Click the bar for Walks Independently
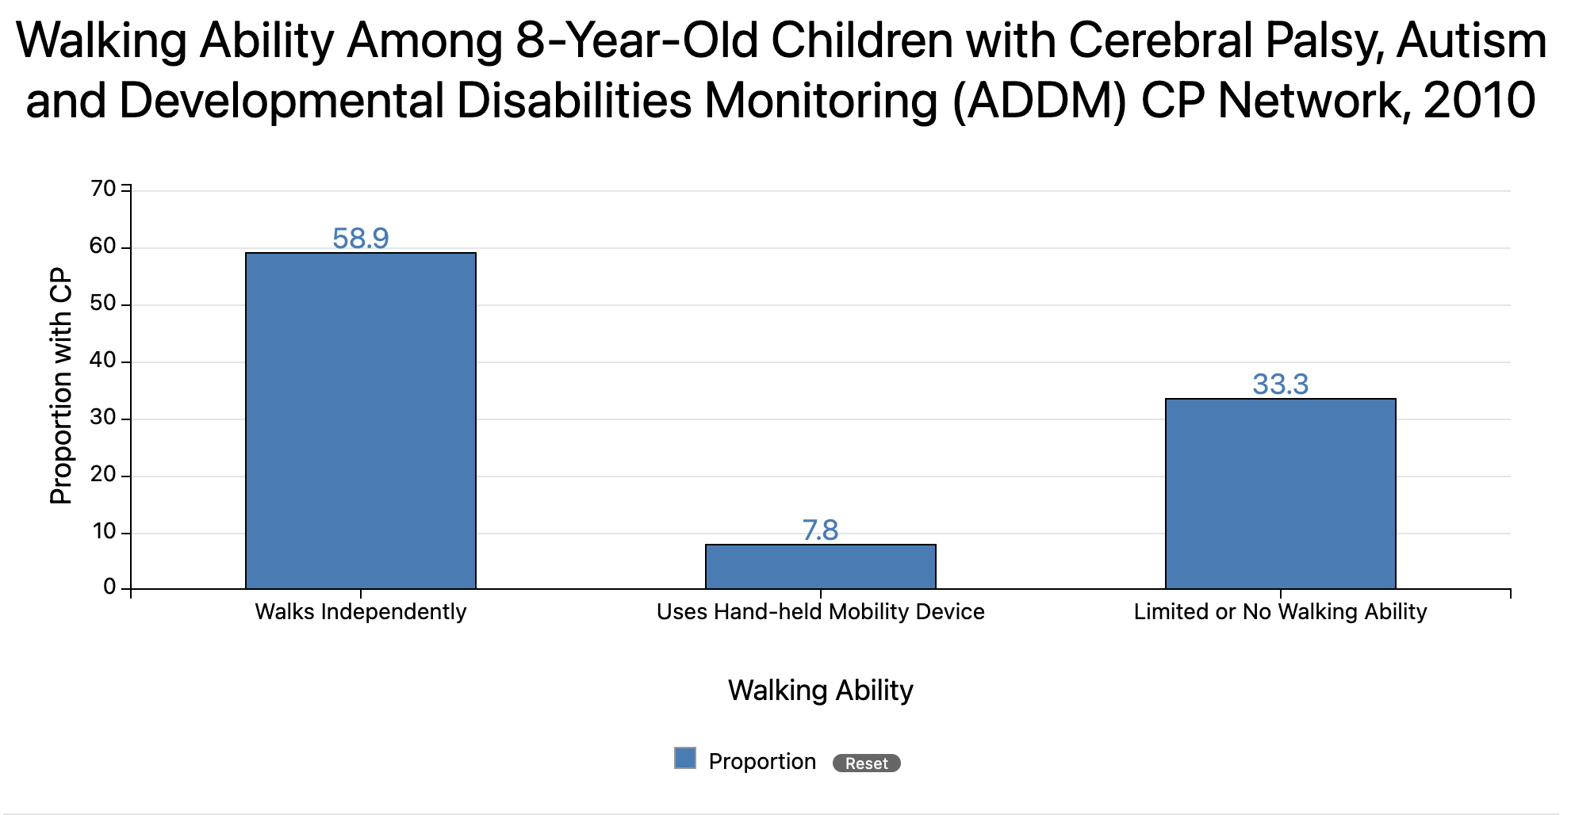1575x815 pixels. [x=361, y=420]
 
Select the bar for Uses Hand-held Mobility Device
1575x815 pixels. [x=821, y=566]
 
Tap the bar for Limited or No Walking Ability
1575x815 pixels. [x=1280, y=493]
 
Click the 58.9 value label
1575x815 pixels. [x=361, y=238]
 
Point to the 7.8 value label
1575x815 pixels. [x=821, y=530]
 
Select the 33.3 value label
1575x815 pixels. [x=1280, y=384]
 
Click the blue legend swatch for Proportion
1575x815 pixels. [x=685, y=759]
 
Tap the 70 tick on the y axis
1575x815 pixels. [x=103, y=189]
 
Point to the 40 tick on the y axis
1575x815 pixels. [x=103, y=361]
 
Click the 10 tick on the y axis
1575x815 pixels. [x=104, y=531]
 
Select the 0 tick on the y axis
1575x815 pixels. [x=109, y=587]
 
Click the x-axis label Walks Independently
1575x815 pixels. [x=361, y=612]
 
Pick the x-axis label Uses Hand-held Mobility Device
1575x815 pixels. [x=821, y=612]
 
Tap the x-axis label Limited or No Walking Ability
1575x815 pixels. [x=1280, y=612]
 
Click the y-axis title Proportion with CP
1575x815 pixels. [x=61, y=386]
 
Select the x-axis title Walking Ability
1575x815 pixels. [x=821, y=690]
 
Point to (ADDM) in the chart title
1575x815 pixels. [x=1039, y=101]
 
